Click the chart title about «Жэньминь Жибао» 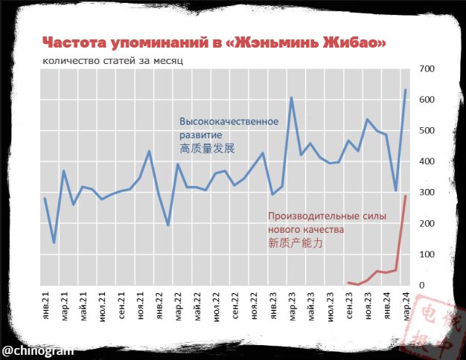click(x=214, y=42)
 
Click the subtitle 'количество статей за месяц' click(x=112, y=60)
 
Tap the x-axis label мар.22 click(x=177, y=307)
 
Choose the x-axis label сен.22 click(x=234, y=307)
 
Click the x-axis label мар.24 click(x=405, y=307)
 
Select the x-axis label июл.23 click(x=329, y=307)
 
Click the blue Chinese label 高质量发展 click(x=207, y=149)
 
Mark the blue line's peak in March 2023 click(x=291, y=97)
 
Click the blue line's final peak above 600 click(x=405, y=90)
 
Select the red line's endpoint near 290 click(x=405, y=196)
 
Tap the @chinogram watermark click(x=37, y=350)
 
